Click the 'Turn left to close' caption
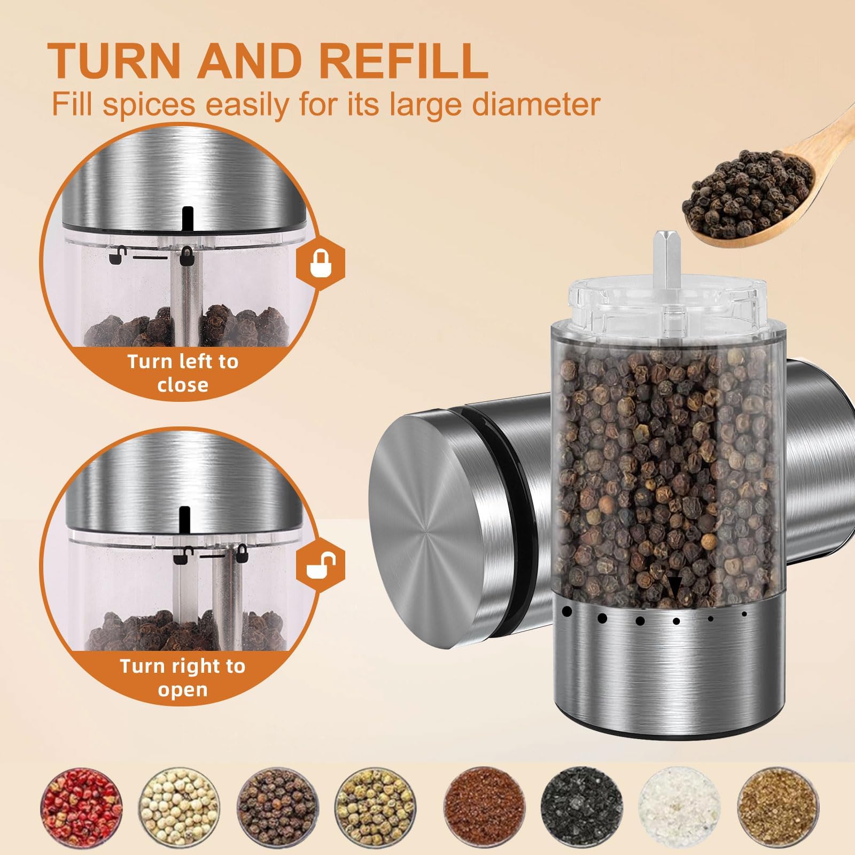183,373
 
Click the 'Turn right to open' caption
183,678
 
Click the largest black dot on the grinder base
566,610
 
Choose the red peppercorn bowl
81,806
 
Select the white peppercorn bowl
180,806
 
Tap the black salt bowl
581,806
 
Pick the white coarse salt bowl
679,806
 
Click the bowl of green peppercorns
376,806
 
